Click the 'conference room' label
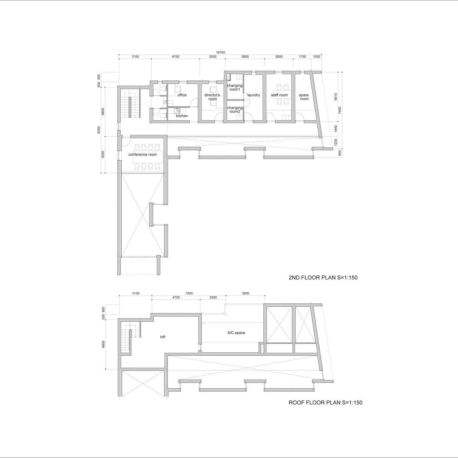click(x=143, y=155)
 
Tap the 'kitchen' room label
click(x=182, y=116)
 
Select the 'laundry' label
click(x=253, y=95)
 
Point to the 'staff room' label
click(x=279, y=95)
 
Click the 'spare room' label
click(x=304, y=97)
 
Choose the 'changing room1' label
click(x=235, y=87)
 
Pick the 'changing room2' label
click(x=235, y=109)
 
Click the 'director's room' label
click(x=212, y=97)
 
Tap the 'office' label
click(x=182, y=95)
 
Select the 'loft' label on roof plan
click(x=162, y=337)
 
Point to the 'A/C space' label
click(x=236, y=333)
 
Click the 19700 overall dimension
click(x=220, y=53)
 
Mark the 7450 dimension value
click(x=340, y=110)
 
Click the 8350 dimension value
click(x=99, y=130)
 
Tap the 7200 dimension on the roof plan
click(x=189, y=293)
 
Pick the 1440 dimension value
click(x=336, y=129)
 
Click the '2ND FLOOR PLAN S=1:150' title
click(x=323, y=278)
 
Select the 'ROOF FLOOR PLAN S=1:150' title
click(x=325, y=403)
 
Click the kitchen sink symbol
click(x=177, y=111)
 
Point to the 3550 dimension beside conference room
click(x=103, y=155)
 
